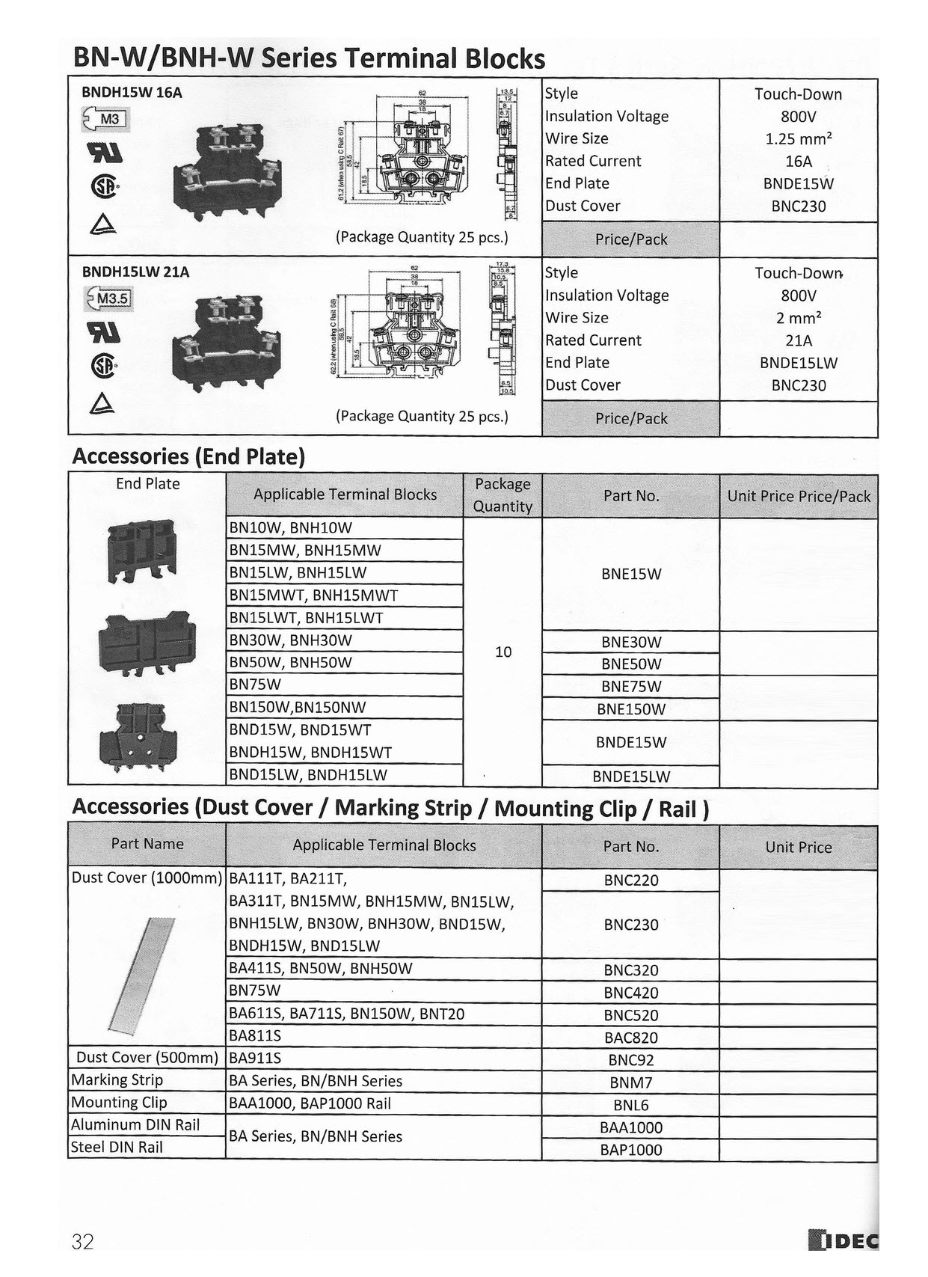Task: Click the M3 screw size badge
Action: click(x=106, y=119)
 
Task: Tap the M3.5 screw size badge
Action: click(x=109, y=299)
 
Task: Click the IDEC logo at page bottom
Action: click(x=844, y=1240)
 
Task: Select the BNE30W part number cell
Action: click(x=631, y=642)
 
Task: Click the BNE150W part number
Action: click(x=631, y=709)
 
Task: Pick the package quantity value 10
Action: click(x=503, y=652)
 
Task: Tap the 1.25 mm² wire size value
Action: click(x=799, y=138)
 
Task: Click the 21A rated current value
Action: click(x=799, y=340)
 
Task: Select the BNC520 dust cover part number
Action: click(x=631, y=1015)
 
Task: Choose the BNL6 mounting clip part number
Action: click(x=631, y=1105)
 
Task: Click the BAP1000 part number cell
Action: click(x=631, y=1150)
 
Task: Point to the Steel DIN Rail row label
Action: click(x=117, y=1147)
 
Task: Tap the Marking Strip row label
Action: click(x=117, y=1080)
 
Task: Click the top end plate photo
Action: click(x=142, y=551)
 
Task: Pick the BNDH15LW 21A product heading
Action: click(x=135, y=272)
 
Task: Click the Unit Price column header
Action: click(x=799, y=847)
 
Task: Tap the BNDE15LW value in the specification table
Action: click(x=799, y=363)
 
